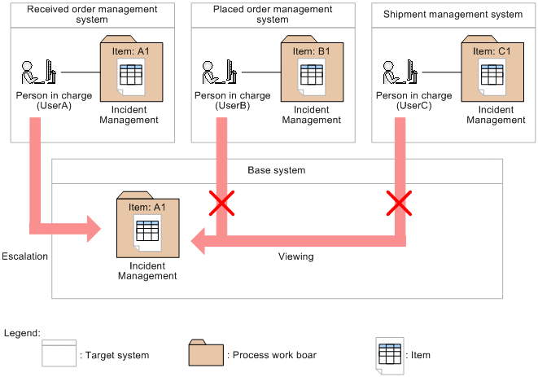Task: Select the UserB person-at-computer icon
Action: [217, 72]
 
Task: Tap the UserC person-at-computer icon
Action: [399, 72]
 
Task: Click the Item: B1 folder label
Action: [311, 50]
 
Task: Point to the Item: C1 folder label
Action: [492, 50]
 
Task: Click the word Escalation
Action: [24, 256]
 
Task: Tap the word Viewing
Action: [295, 256]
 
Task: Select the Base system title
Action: [277, 171]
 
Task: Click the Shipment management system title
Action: [452, 14]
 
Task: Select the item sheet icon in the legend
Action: [389, 356]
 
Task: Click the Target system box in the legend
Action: [59, 355]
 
